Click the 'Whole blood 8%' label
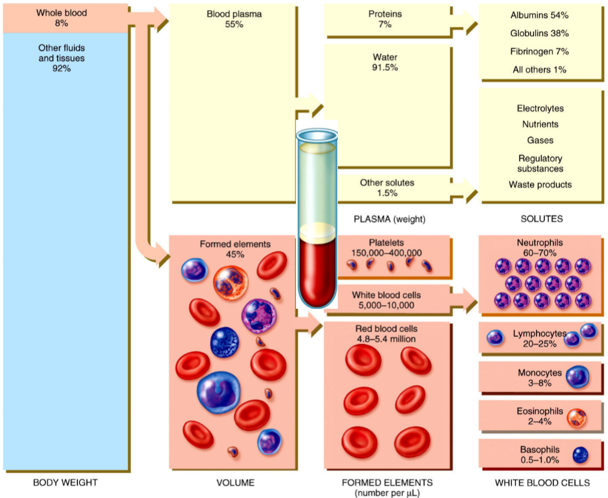(x=61, y=17)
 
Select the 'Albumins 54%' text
(x=540, y=14)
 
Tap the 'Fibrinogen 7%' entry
(x=540, y=52)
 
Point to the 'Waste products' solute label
(x=540, y=185)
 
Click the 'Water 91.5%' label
(x=385, y=62)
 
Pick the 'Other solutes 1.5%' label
(x=387, y=187)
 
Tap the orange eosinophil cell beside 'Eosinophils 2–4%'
(x=577, y=418)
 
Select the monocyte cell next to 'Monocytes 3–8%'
(x=577, y=377)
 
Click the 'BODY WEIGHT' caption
(x=65, y=482)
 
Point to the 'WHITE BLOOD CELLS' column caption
(x=541, y=482)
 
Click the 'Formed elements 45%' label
(x=235, y=249)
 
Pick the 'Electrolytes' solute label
(x=540, y=109)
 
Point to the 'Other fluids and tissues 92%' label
(x=61, y=58)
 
